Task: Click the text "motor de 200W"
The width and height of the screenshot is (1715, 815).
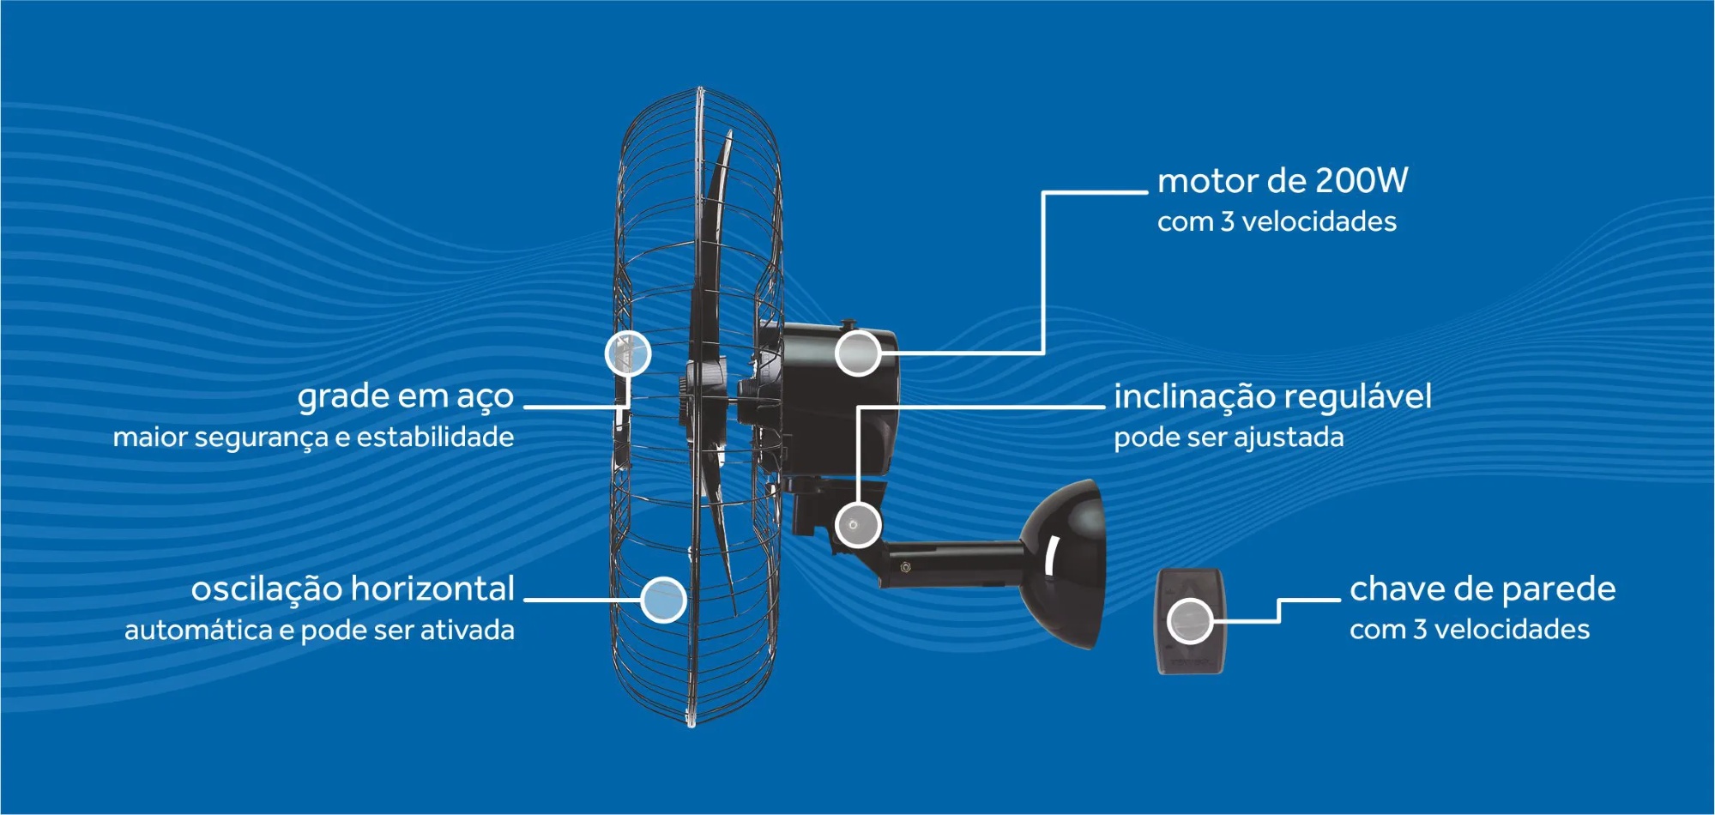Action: (x=1283, y=181)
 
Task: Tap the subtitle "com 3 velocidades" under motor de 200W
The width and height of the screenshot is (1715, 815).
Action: (x=1277, y=222)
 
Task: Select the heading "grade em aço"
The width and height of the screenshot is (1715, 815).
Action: (x=406, y=397)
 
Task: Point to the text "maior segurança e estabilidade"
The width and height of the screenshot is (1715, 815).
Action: (x=313, y=438)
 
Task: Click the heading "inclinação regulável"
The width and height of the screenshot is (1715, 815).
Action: (x=1272, y=396)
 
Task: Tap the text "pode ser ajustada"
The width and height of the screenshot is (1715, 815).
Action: (x=1229, y=438)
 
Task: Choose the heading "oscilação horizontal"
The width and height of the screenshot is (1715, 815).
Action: (x=353, y=589)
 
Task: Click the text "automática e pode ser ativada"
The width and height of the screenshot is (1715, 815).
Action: (x=319, y=631)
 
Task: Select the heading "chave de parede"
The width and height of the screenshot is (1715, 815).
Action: (x=1483, y=589)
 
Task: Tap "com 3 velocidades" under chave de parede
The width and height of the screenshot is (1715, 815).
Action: (x=1470, y=630)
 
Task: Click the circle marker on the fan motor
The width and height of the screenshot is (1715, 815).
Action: (x=858, y=353)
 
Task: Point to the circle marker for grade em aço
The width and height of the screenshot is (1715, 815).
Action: (x=628, y=353)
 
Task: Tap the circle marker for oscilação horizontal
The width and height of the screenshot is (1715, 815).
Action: (x=663, y=599)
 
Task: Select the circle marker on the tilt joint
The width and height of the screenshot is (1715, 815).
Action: (x=858, y=523)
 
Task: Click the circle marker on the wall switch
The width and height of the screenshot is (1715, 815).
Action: (x=1190, y=621)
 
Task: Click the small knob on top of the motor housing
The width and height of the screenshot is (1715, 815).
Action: (x=848, y=324)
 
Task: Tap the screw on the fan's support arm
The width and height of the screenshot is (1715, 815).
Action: (x=906, y=567)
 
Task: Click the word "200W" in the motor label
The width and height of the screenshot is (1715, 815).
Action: (x=1362, y=181)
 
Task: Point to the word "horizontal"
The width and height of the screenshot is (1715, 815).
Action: (x=432, y=589)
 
